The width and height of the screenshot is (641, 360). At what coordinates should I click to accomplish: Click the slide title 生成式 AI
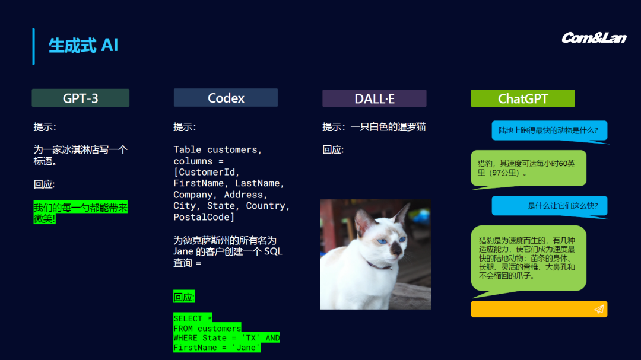(x=83, y=46)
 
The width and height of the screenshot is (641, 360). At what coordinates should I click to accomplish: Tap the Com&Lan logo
(x=594, y=38)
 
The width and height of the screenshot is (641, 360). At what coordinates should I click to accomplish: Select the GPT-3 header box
(x=80, y=98)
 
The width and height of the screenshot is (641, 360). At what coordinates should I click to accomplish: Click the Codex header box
(x=226, y=98)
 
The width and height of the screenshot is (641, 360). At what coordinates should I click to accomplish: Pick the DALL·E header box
(x=374, y=98)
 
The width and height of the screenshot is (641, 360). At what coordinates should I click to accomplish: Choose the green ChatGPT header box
(x=522, y=98)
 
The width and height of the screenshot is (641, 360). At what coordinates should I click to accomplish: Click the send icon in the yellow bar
(x=599, y=309)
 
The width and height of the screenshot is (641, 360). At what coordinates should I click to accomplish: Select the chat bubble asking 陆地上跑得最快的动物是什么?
(x=549, y=130)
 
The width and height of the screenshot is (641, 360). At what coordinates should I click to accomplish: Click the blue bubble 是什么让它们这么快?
(x=549, y=206)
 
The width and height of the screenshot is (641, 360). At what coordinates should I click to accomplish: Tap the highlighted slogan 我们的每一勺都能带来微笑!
(x=80, y=213)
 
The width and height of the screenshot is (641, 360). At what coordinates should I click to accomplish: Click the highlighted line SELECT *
(x=193, y=318)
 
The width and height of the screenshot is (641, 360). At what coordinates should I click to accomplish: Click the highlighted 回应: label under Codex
(x=184, y=297)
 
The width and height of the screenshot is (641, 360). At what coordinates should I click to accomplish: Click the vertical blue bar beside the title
(x=33, y=46)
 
